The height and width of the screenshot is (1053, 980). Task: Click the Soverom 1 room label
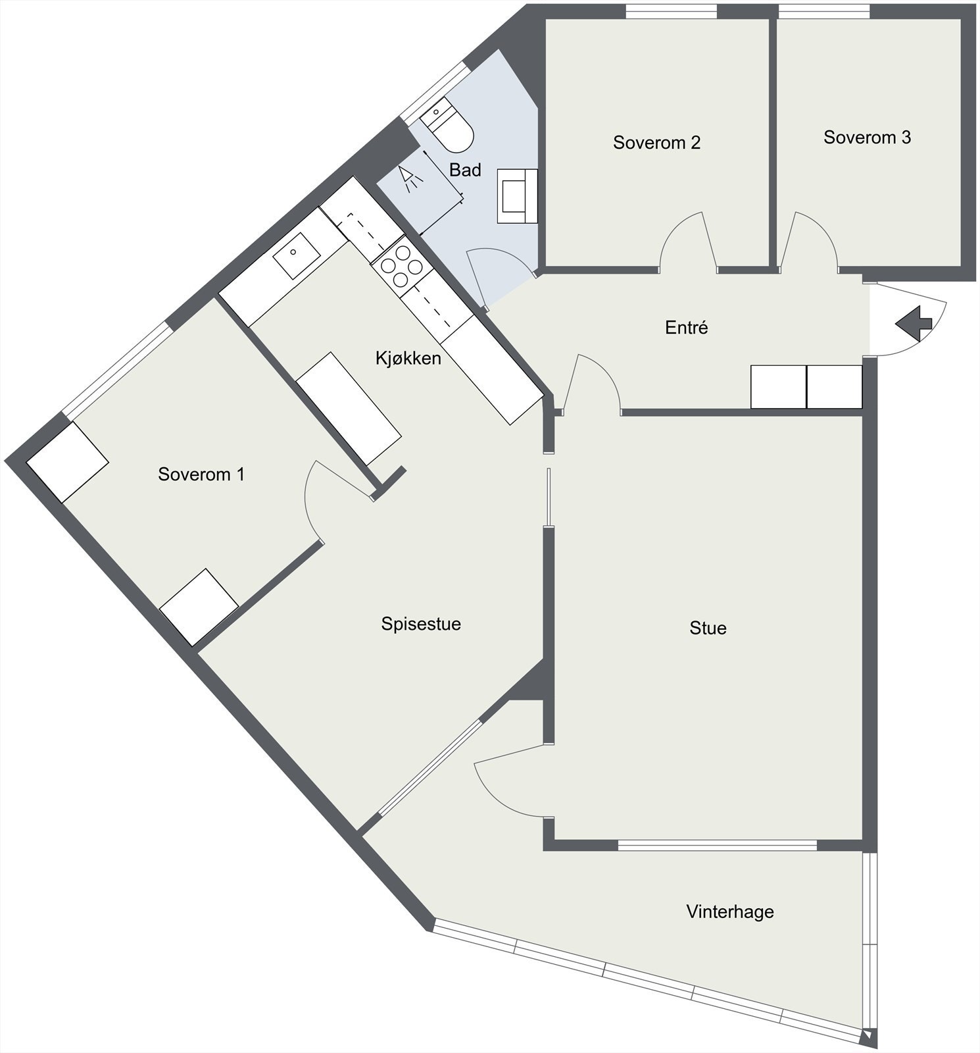pyautogui.click(x=201, y=475)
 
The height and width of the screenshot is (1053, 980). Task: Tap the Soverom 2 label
pyautogui.click(x=656, y=142)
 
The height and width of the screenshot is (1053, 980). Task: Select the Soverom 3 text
pyautogui.click(x=867, y=138)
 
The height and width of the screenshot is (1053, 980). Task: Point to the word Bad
pyautogui.click(x=465, y=170)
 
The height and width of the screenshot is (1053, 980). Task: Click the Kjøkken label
pyautogui.click(x=408, y=358)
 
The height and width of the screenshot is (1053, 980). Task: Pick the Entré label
pyautogui.click(x=686, y=327)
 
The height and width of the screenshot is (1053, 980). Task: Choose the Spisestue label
pyautogui.click(x=421, y=624)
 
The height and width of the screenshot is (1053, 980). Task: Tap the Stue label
pyautogui.click(x=708, y=628)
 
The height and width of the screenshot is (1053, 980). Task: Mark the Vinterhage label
pyautogui.click(x=729, y=912)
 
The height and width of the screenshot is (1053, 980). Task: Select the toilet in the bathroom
pyautogui.click(x=448, y=126)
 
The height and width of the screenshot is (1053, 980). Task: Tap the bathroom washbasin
pyautogui.click(x=517, y=195)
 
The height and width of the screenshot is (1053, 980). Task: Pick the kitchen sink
pyautogui.click(x=296, y=255)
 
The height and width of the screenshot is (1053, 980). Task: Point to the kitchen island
pyautogui.click(x=349, y=408)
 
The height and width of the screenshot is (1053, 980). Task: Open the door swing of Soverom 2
pyautogui.click(x=687, y=244)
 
